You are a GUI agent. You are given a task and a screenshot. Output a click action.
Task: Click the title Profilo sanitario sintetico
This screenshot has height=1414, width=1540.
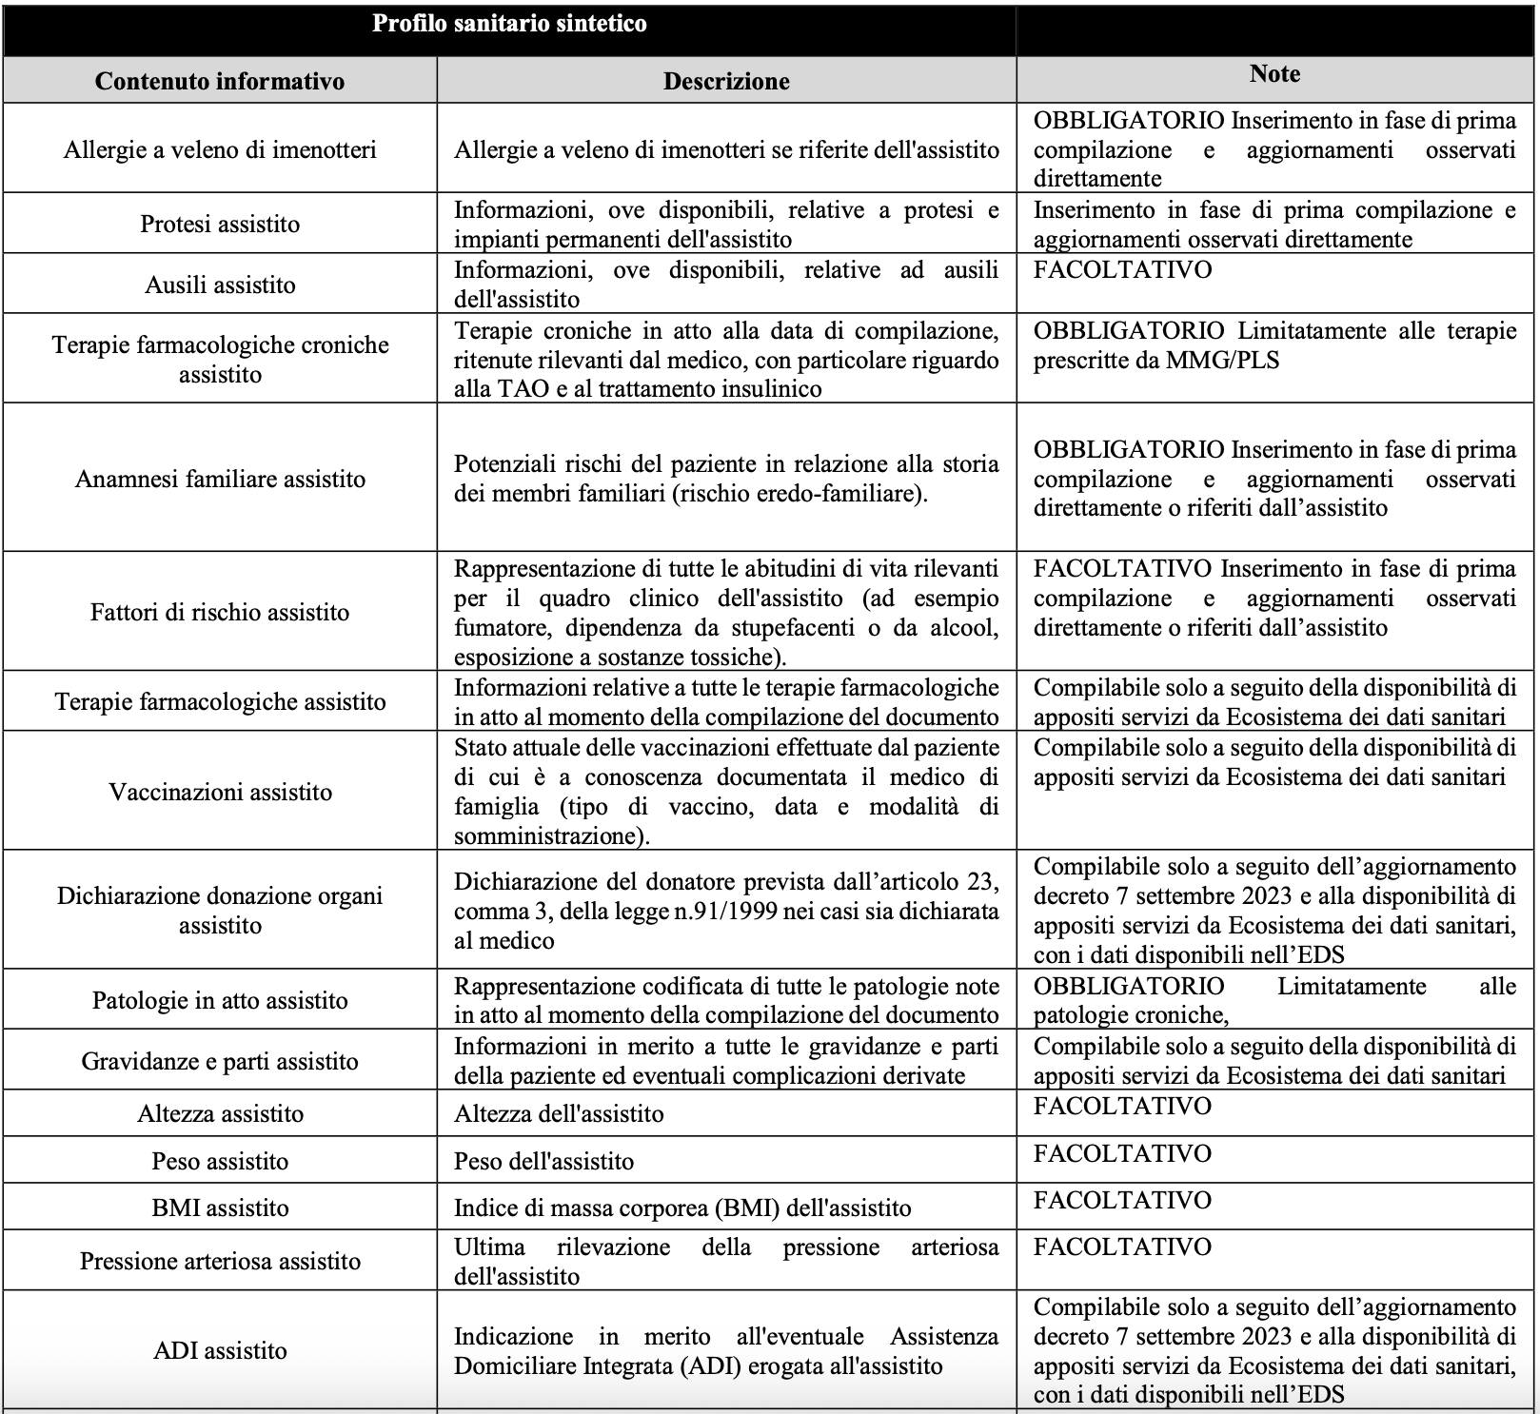point(509,24)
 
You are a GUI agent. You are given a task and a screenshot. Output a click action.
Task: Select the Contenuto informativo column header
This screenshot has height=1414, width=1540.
point(220,81)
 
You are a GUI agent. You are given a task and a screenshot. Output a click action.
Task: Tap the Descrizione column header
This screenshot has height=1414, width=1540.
point(726,81)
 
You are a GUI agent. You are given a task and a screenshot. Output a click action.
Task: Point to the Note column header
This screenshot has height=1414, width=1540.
point(1274,74)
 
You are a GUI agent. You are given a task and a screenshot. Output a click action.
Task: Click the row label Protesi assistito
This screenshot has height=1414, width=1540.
point(220,224)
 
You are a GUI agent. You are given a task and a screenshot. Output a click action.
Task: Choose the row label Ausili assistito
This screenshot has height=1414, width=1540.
point(220,285)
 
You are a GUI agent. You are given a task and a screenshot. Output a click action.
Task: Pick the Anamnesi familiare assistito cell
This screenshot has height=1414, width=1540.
point(220,479)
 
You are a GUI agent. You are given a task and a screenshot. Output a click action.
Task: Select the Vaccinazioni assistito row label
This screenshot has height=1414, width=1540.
point(220,792)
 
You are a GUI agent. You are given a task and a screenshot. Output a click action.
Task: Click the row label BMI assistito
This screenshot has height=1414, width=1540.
point(220,1208)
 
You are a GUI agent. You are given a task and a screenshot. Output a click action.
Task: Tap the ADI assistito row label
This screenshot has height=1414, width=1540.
point(220,1350)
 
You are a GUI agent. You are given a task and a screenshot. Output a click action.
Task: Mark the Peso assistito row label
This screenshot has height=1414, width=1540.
point(220,1161)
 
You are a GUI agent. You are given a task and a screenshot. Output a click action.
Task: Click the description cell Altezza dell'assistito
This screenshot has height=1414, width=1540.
point(559,1113)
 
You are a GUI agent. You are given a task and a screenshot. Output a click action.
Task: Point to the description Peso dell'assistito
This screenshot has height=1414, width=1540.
point(543,1161)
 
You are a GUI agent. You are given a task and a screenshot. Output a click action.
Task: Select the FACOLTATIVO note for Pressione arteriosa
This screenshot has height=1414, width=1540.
point(1122,1247)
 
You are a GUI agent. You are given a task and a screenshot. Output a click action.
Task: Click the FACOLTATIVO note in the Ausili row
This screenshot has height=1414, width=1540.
point(1122,269)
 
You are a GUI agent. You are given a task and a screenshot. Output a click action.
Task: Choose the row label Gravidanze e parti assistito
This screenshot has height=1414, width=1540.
point(220,1061)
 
